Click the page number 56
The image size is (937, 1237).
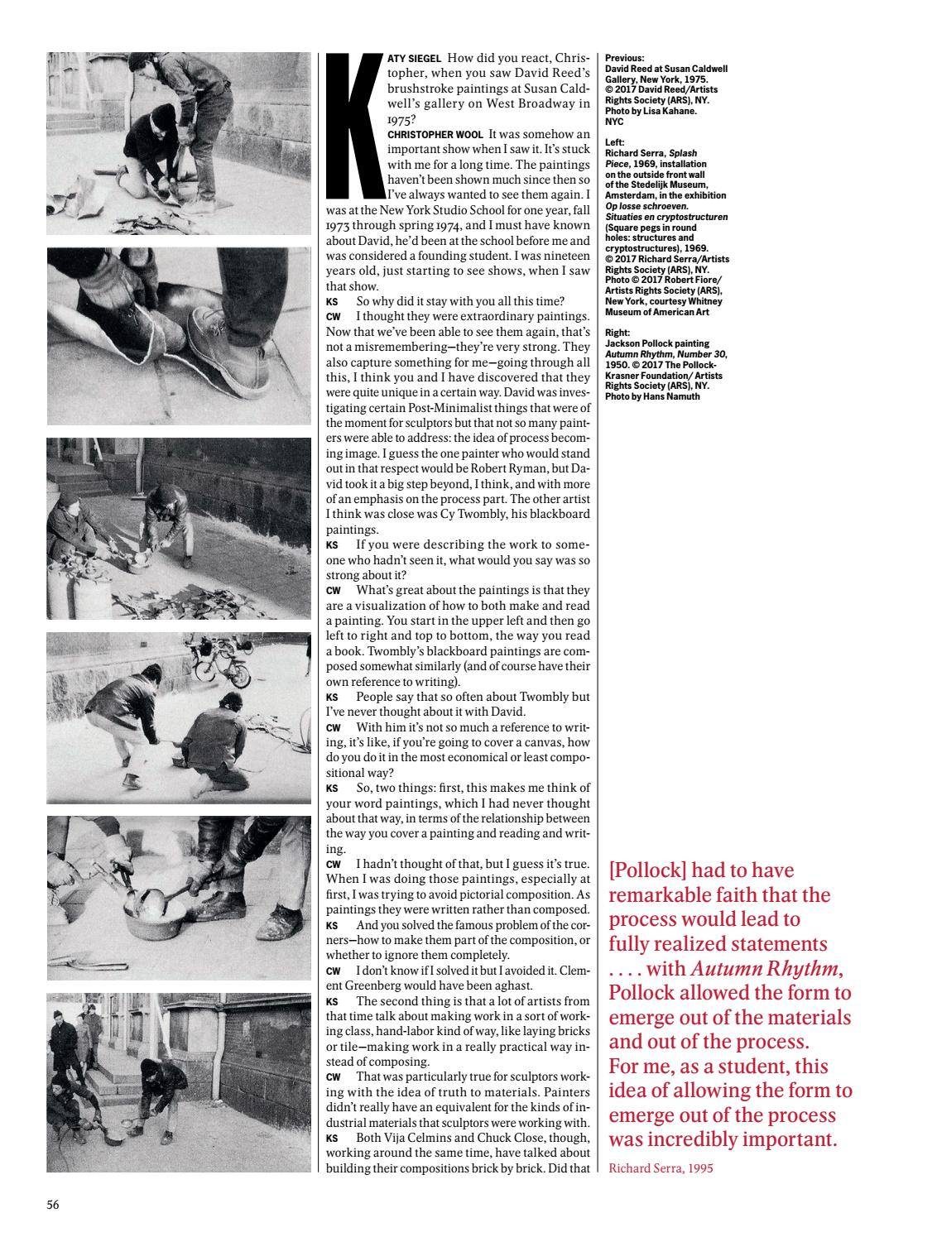(53, 1204)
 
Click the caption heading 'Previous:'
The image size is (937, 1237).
(625, 58)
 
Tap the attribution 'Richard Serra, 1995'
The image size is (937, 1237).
(660, 1168)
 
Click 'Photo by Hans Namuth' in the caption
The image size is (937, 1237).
(652, 397)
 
